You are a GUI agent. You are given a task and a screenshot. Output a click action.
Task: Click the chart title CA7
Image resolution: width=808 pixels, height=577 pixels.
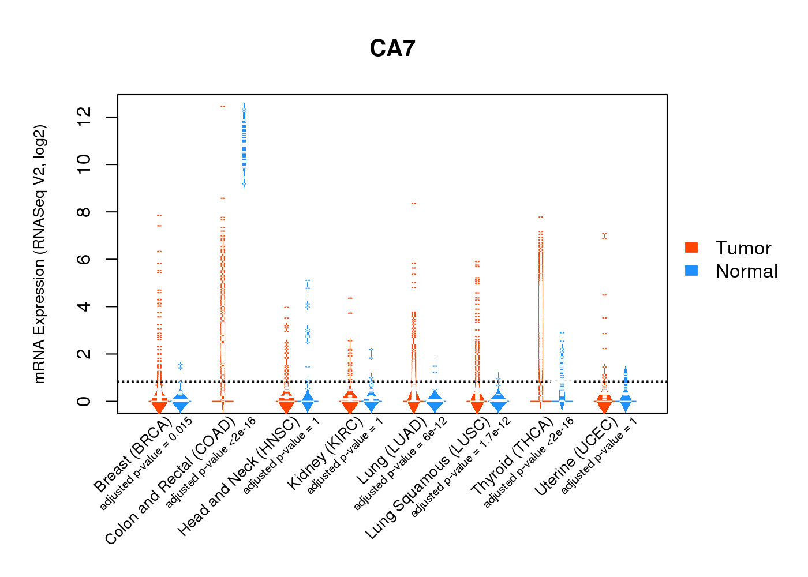[x=392, y=48]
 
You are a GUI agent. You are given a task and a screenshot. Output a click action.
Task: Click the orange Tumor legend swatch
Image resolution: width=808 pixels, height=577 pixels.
[x=691, y=248]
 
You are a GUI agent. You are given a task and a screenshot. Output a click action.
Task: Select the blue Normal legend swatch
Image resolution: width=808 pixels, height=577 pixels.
[x=691, y=271]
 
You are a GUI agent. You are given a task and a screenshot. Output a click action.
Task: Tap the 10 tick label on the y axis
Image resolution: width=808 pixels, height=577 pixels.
[x=84, y=164]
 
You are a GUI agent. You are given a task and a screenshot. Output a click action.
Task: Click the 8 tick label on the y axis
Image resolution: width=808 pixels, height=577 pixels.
[x=84, y=212]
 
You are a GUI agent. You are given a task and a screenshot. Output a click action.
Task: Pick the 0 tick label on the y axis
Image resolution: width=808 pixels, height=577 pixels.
[x=84, y=401]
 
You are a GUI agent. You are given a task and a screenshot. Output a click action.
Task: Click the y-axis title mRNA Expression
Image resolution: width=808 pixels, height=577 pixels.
[x=39, y=254]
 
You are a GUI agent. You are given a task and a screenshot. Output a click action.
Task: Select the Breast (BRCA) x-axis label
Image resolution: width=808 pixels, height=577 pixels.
[x=133, y=456]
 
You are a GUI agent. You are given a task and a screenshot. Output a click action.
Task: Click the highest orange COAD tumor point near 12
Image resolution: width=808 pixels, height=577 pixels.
[x=223, y=106]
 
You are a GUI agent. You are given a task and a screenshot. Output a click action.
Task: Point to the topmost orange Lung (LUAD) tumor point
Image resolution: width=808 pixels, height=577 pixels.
[x=413, y=203]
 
